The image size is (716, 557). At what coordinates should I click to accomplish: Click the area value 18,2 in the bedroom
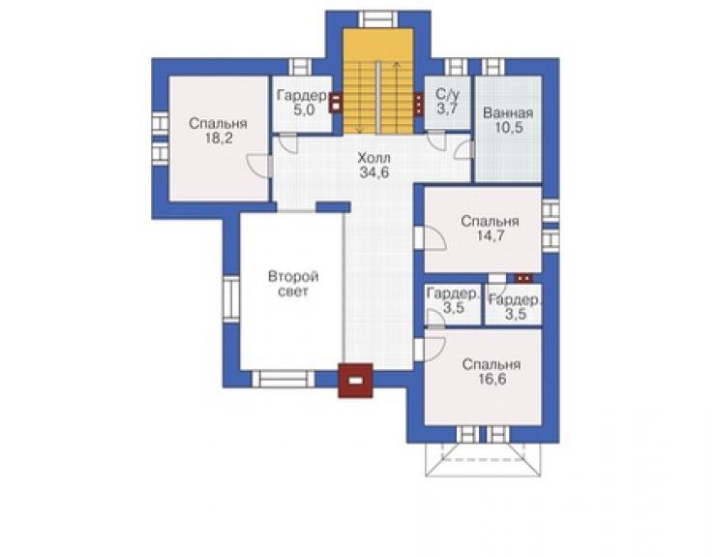(x=219, y=139)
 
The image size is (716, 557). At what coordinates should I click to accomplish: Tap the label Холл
(x=374, y=158)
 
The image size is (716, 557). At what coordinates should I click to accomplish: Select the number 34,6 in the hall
(x=374, y=172)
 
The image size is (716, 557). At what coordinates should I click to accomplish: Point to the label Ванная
(x=508, y=113)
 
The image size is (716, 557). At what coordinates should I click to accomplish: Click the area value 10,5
(x=509, y=128)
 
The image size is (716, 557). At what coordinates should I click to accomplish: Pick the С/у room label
(x=447, y=95)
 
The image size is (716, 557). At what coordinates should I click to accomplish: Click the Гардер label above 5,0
(x=302, y=96)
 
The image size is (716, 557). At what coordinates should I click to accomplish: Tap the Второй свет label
(x=293, y=284)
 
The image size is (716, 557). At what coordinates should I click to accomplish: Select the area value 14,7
(x=490, y=236)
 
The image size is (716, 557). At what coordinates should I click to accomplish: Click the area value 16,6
(x=492, y=379)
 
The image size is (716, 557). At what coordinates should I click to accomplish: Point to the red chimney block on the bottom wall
(x=355, y=381)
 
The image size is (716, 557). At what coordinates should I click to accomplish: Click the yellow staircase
(x=378, y=81)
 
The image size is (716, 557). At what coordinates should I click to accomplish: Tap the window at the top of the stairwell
(x=378, y=19)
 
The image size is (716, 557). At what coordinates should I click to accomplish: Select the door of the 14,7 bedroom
(x=431, y=237)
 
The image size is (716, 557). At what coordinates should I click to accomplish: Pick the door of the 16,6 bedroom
(x=431, y=350)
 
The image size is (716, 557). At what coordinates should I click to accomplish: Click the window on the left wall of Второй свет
(x=231, y=298)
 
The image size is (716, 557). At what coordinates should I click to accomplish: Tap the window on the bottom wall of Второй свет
(x=283, y=379)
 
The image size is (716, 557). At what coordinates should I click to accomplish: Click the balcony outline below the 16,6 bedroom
(x=483, y=459)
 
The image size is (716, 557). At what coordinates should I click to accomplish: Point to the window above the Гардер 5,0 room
(x=301, y=67)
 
